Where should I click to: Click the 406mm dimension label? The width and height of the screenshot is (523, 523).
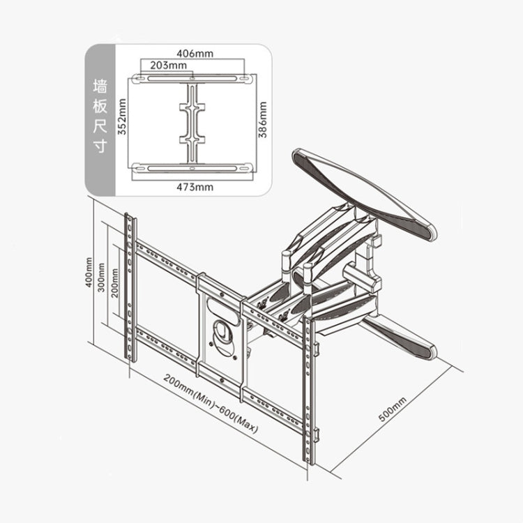point(195,53)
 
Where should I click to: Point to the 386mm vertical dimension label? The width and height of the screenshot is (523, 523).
point(263,119)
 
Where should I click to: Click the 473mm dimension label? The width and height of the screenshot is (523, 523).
point(195,186)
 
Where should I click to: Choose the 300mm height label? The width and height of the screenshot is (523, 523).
point(103,278)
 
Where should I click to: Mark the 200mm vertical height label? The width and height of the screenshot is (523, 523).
point(114,281)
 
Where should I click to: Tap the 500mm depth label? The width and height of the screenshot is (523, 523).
point(392,409)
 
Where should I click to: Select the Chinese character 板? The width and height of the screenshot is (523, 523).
point(99,107)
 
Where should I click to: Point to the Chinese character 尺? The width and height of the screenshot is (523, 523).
point(99,128)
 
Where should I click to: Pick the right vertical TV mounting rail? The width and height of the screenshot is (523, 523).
point(308,397)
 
